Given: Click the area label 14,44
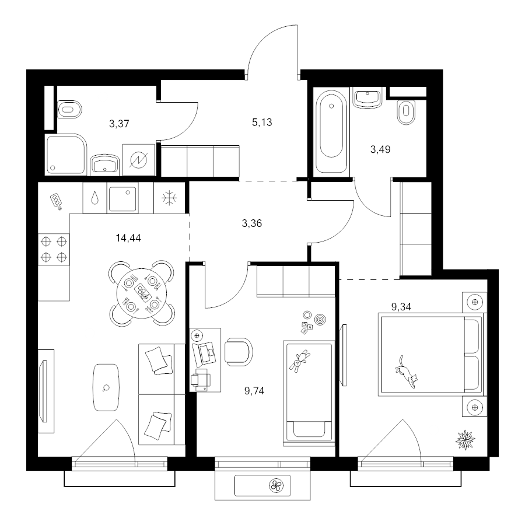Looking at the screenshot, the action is point(128,238).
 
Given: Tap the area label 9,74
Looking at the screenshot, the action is point(254,391).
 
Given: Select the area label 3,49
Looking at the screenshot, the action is point(380,149).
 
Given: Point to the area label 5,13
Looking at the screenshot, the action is point(262,123).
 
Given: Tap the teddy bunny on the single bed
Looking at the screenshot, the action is point(300,361).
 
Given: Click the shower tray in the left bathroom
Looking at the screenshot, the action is point(66,154).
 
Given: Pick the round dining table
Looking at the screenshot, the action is point(142,293).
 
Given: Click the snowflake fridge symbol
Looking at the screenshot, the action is point(169,198).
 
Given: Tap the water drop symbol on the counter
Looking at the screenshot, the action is point(95,198).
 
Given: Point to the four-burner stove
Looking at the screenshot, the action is point(54,249).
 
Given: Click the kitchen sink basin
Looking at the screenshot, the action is point(123,199).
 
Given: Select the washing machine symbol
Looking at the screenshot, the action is point(139,160).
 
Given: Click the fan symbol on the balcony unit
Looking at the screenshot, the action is point(277,485).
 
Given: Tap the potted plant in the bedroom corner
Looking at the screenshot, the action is point(466,440).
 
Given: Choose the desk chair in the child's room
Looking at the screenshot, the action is point(239,352).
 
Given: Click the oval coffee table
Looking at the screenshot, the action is point(106,387).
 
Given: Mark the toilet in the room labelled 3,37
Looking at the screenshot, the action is point(69,109).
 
